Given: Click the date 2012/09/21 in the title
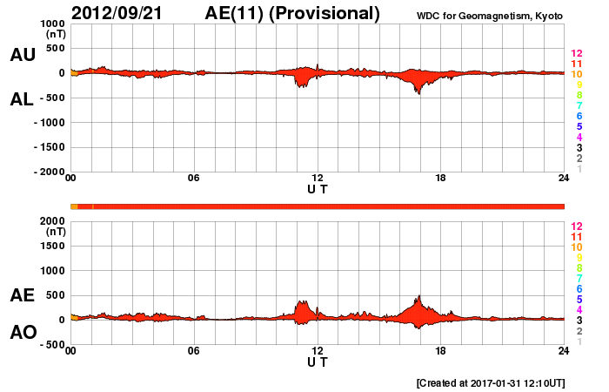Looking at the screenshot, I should click(x=120, y=13).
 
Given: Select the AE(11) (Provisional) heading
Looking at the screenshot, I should click(x=293, y=13).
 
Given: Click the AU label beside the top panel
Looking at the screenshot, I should click(x=23, y=55).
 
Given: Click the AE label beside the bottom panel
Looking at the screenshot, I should click(x=23, y=295).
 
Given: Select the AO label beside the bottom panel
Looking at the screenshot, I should click(x=23, y=333).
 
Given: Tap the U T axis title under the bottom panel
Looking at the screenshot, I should click(x=318, y=362).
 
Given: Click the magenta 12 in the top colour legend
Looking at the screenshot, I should click(x=576, y=53).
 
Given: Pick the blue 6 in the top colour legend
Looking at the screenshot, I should click(x=579, y=116).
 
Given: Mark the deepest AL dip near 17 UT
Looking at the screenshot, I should click(x=418, y=92).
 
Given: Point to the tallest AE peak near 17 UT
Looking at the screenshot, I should click(x=419, y=296).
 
